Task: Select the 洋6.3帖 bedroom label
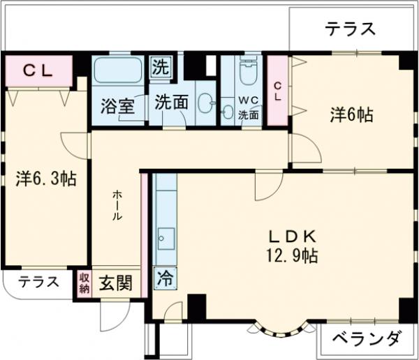click(x=45, y=179)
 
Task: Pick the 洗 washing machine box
click(x=160, y=69)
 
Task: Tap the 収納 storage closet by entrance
click(x=84, y=283)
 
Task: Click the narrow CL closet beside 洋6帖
click(x=278, y=91)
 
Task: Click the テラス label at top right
click(x=350, y=29)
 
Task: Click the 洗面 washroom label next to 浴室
click(x=171, y=102)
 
